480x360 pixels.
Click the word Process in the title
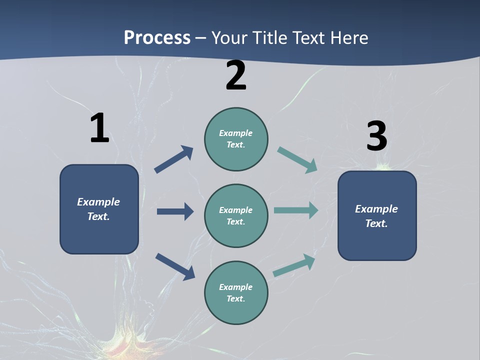tap(157, 38)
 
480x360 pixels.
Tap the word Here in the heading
tap(348, 38)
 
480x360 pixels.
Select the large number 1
tap(99, 128)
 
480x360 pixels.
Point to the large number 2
tap(236, 75)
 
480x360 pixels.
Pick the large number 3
tap(376, 136)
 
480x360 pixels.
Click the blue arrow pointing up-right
tap(173, 159)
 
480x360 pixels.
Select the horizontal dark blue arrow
tap(175, 211)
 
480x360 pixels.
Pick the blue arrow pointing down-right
tap(175, 266)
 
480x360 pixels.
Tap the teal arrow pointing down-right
tap(297, 159)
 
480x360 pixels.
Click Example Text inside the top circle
tap(236, 139)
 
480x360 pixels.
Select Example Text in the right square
tap(376, 216)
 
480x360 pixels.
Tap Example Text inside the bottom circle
tap(236, 293)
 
